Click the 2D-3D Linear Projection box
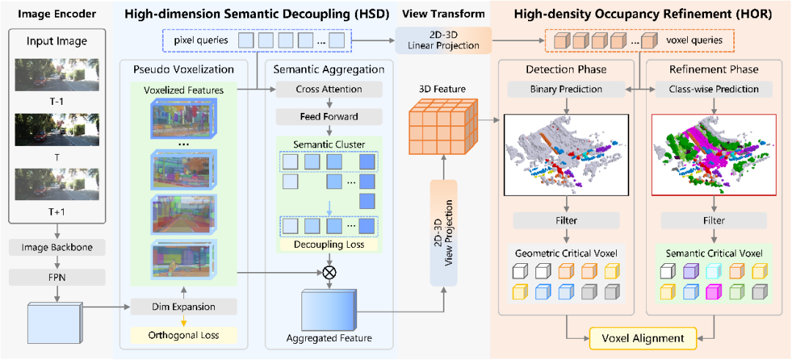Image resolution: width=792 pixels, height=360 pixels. point(443,40)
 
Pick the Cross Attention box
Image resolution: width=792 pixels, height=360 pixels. point(329,89)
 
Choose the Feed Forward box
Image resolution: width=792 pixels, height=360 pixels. point(329,116)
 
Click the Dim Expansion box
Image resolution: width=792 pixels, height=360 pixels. point(183,306)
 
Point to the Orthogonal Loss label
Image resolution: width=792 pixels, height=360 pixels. point(183,334)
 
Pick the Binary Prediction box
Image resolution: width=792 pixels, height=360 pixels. point(565,89)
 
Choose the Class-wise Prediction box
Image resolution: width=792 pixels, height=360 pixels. point(714,89)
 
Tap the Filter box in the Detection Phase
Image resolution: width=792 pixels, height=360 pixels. point(565,220)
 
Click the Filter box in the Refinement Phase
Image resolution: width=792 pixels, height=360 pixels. point(714,220)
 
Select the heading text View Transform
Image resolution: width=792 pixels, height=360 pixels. point(443,14)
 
